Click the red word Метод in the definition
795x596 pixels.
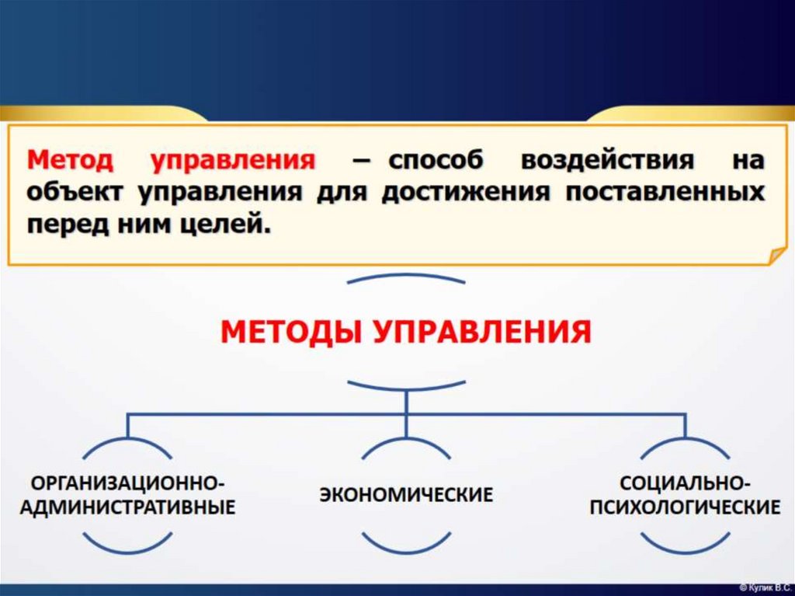pyautogui.click(x=70, y=160)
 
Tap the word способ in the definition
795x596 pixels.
pyautogui.click(x=436, y=161)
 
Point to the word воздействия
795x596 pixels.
pyautogui.click(x=608, y=161)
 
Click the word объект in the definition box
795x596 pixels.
pyautogui.click(x=75, y=193)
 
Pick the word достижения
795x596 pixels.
pyautogui.click(x=466, y=193)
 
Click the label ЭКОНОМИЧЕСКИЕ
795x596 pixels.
pyautogui.click(x=406, y=494)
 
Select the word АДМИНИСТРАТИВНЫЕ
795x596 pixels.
pyautogui.click(x=127, y=507)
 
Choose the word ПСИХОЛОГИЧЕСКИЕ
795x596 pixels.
pyautogui.click(x=685, y=507)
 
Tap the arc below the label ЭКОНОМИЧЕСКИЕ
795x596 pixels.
pyautogui.click(x=406, y=543)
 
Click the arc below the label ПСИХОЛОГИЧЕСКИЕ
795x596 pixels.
pyautogui.click(x=685, y=543)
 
